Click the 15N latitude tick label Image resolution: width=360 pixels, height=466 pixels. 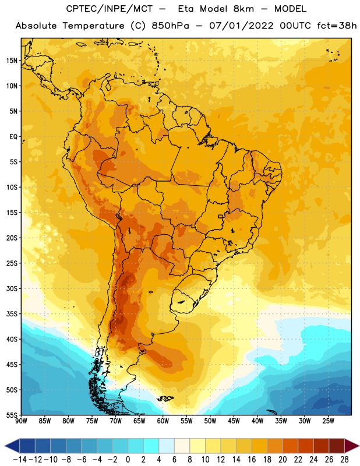(12, 61)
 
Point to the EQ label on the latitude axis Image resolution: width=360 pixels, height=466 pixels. (13, 137)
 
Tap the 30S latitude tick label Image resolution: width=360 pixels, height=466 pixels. (12, 288)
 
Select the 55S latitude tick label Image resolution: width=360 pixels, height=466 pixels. (12, 415)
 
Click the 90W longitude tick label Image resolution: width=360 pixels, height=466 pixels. (21, 421)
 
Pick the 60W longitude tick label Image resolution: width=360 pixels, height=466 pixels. (163, 421)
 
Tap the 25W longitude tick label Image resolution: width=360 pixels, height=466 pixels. (328, 421)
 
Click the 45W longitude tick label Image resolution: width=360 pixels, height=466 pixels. (234, 421)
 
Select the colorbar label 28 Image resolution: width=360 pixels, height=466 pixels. (344, 460)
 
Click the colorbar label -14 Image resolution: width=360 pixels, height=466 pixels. (20, 460)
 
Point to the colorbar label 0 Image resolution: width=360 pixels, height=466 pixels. (128, 460)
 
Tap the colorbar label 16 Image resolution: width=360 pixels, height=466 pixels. (252, 460)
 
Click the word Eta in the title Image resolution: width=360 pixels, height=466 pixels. (186, 9)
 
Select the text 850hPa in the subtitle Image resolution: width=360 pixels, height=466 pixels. (170, 26)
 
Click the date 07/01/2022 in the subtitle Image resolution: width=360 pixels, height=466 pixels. (241, 26)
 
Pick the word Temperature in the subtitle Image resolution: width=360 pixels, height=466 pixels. (93, 26)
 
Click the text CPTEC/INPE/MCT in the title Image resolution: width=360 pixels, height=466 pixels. (109, 9)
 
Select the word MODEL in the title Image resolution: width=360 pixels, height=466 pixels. (290, 9)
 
